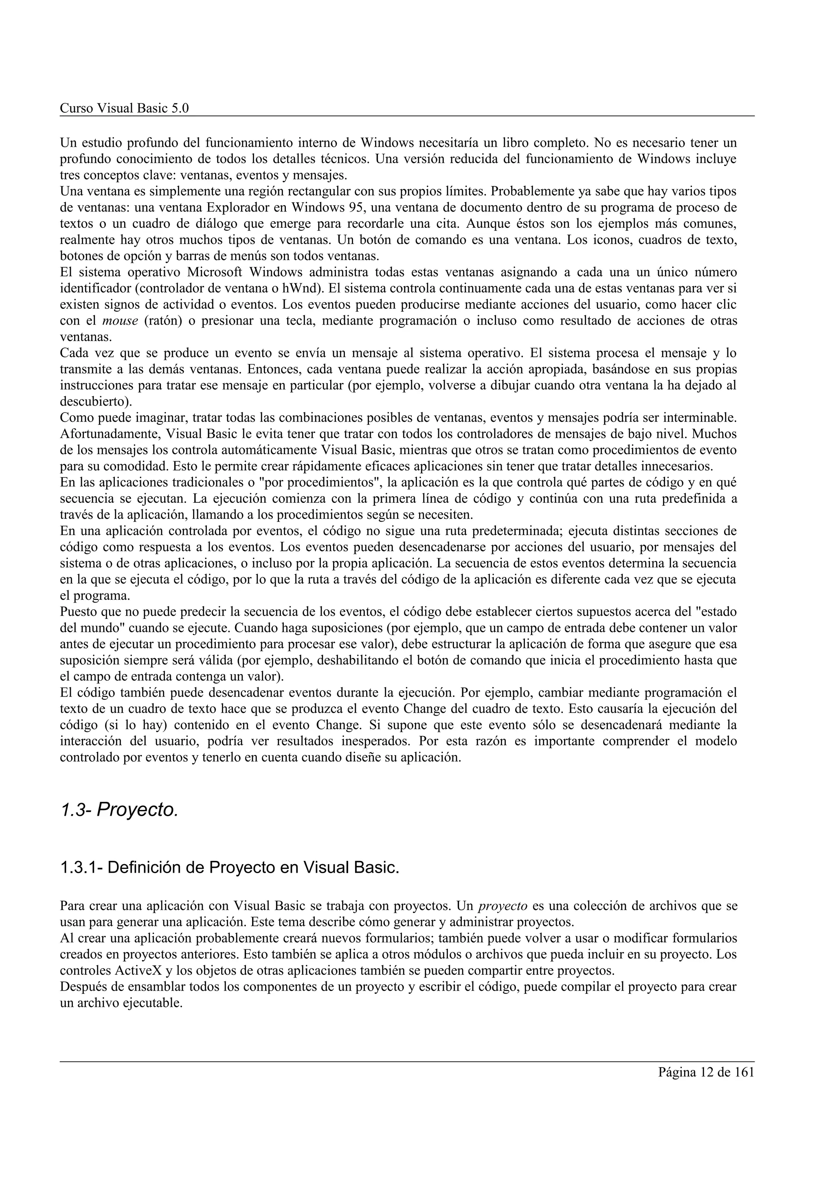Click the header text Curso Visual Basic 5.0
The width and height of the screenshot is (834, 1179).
124,108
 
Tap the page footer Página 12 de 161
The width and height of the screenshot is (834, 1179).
706,1073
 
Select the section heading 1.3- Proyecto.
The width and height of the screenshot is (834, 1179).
119,810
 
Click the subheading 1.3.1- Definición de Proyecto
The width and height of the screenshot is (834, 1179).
229,868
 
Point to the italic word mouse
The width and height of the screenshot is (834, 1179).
120,321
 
